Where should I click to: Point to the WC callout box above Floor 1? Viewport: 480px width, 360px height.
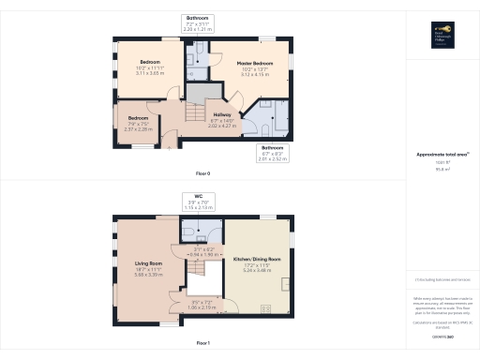(x=198, y=201)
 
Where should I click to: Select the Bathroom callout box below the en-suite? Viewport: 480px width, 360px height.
(x=272, y=154)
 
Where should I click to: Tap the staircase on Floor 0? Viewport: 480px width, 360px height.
(x=194, y=113)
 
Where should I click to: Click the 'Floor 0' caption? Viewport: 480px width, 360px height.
(x=202, y=174)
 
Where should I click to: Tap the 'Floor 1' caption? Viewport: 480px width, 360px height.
(x=202, y=344)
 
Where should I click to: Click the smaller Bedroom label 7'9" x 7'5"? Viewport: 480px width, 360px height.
(x=138, y=123)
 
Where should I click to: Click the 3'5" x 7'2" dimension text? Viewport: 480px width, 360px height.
(x=203, y=304)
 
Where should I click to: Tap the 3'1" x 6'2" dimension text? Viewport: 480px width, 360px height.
(x=203, y=250)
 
